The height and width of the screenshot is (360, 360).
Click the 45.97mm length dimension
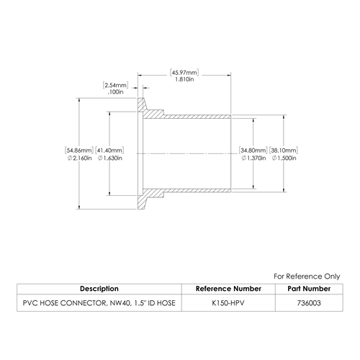pos(184,73)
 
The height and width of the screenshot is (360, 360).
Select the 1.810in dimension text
pos(184,79)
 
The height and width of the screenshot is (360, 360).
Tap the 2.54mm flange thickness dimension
pos(115,85)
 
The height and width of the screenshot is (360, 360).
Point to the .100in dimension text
pos(115,92)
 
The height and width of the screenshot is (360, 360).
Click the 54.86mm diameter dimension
pos(78,150)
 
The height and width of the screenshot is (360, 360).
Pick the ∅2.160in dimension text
pos(80,158)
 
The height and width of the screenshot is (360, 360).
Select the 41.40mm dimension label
pos(109,150)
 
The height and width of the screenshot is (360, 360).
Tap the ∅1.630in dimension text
pos(110,158)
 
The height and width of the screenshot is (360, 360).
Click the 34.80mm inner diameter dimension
pos(253,150)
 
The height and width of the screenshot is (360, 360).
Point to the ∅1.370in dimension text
pos(253,158)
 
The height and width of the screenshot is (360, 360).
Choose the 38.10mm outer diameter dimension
pos(284,150)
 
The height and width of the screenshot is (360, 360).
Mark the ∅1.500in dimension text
pos(284,158)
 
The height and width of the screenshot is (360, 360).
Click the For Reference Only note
pos(307,276)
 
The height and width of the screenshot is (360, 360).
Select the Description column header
pos(99,289)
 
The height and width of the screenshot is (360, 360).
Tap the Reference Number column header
pos(228,289)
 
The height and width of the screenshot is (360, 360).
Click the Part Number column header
pos(309,289)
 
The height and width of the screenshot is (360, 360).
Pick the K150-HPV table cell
pos(228,303)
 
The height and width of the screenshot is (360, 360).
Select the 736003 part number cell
pos(309,303)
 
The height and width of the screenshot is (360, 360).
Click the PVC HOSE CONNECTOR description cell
pos(99,303)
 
